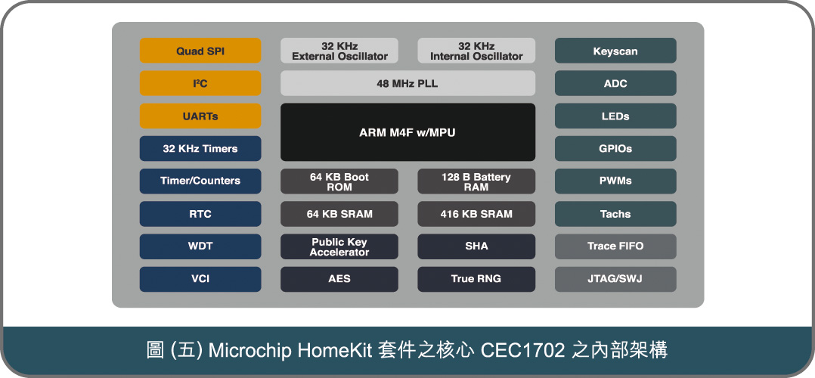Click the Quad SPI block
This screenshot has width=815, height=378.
[200, 51]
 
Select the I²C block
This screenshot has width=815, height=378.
[200, 83]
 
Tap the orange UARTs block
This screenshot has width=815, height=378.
[200, 116]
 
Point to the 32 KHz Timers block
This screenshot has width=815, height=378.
[200, 149]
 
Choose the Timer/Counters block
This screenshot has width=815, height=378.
[200, 181]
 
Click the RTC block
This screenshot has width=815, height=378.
[200, 214]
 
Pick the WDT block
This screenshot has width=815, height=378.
[200, 246]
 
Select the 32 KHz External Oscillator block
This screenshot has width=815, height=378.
[339, 51]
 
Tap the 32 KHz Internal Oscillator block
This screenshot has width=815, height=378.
[476, 51]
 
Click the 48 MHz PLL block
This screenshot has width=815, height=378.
[408, 83]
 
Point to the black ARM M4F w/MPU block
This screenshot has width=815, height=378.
[408, 132]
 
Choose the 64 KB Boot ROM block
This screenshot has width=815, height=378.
[339, 181]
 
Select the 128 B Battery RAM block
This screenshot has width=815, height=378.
[476, 181]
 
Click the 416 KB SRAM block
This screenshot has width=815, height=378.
[476, 214]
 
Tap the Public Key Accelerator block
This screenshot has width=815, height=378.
[339, 246]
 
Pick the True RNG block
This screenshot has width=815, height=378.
[476, 279]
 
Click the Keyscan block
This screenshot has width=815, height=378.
[615, 51]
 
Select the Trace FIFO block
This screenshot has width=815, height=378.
[615, 246]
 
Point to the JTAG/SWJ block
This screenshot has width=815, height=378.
[615, 279]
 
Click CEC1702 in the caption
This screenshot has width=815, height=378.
[523, 351]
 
